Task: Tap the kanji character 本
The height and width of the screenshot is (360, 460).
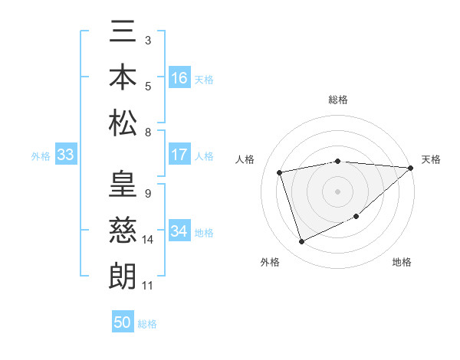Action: [x=123, y=77]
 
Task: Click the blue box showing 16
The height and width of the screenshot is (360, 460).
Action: [x=179, y=78]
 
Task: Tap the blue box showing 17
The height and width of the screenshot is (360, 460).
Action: [x=179, y=155]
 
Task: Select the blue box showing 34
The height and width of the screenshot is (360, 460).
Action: [x=179, y=231]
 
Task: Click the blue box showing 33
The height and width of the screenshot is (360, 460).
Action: [x=65, y=155]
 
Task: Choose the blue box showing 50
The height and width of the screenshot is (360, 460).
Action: [x=123, y=322]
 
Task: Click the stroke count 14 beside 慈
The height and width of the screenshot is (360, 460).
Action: [x=148, y=240]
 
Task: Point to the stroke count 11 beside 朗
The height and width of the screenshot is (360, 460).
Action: [x=148, y=286]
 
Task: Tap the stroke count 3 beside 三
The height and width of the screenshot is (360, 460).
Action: [x=147, y=39]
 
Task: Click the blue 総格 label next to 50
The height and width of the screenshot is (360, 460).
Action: [x=147, y=324]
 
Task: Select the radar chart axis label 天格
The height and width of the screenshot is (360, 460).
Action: [x=432, y=159]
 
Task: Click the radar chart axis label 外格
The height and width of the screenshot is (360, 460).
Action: [x=269, y=262]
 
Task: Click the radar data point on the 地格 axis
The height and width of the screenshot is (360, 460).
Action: [x=356, y=217]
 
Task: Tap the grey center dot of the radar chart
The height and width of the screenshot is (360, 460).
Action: [x=337, y=191]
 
